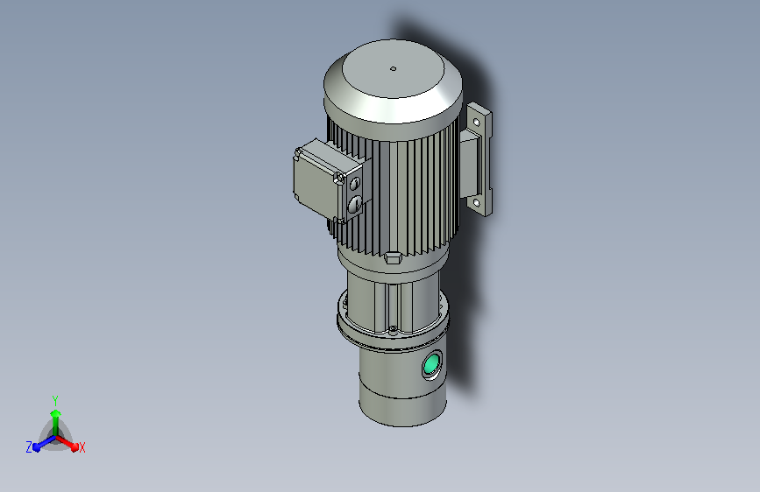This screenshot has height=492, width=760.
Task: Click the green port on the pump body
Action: point(431,364)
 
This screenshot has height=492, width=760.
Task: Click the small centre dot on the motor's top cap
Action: point(393,69)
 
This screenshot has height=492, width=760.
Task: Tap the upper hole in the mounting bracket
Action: point(477,123)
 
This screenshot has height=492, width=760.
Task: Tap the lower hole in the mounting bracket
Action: point(477,202)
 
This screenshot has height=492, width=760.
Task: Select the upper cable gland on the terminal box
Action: point(355,183)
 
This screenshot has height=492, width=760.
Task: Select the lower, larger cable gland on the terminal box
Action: point(354,204)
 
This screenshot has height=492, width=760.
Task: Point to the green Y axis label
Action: point(55,400)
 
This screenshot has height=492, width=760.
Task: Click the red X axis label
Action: point(82,447)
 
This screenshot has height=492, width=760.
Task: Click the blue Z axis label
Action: point(29,447)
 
